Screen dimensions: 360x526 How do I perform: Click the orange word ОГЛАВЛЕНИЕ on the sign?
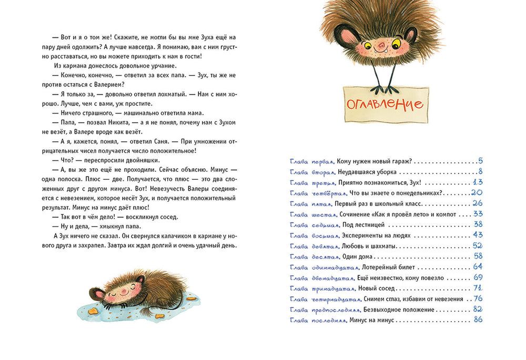(385, 103)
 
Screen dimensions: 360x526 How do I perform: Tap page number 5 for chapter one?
(480, 161)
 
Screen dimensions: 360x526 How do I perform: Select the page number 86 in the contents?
(478, 320)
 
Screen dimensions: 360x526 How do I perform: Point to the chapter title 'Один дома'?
(359, 256)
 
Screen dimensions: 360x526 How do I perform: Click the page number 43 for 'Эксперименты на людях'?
(478, 235)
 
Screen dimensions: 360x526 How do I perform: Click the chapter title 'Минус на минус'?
(371, 320)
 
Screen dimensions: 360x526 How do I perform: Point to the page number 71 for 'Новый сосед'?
(478, 288)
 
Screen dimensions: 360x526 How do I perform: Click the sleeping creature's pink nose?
(123, 290)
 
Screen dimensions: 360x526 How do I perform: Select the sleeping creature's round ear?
(96, 293)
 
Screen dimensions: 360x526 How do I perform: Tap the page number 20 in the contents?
(477, 193)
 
